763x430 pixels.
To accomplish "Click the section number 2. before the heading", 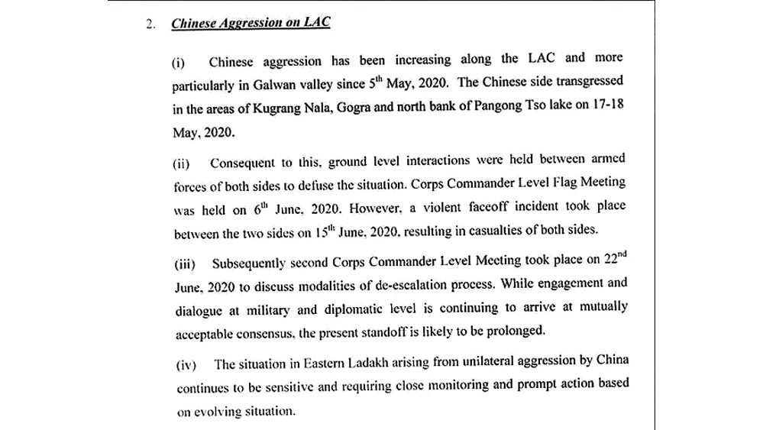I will click(150, 24).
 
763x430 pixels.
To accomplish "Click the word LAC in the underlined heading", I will click(315, 22).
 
